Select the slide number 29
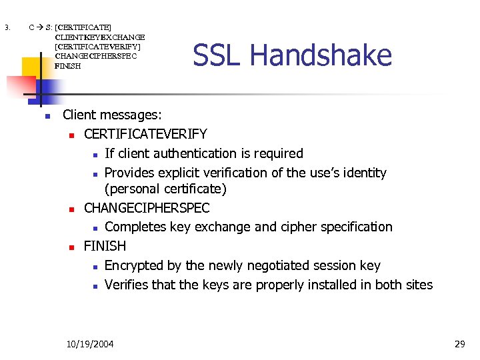click(x=459, y=344)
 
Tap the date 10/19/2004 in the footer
click(x=90, y=344)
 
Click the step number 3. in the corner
click(x=7, y=28)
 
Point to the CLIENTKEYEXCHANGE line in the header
click(x=99, y=37)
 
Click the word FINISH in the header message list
click(x=68, y=66)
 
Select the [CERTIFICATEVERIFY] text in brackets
click(x=97, y=47)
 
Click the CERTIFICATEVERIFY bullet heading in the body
click(x=145, y=135)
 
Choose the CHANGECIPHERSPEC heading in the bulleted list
click(x=147, y=208)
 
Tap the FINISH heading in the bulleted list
click(x=105, y=246)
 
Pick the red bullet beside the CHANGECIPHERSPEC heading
click(x=71, y=209)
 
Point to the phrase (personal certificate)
click(x=166, y=189)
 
